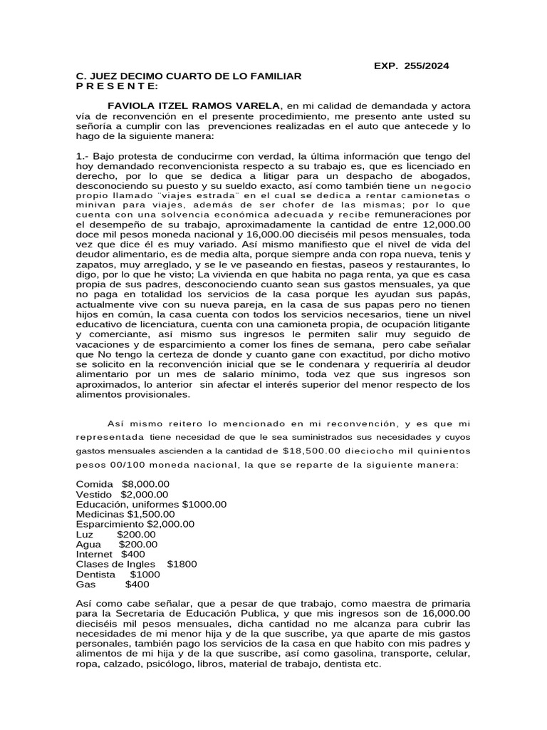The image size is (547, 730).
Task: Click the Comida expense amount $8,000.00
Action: coord(146,485)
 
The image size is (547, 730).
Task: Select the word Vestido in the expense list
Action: coord(95,494)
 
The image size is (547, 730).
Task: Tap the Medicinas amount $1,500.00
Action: coord(150,514)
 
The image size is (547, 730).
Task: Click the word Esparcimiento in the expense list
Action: coord(110,524)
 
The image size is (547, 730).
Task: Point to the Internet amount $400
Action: coord(133,554)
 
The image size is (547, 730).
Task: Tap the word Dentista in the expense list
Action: coord(96,574)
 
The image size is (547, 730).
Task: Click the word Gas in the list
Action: coord(85,584)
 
